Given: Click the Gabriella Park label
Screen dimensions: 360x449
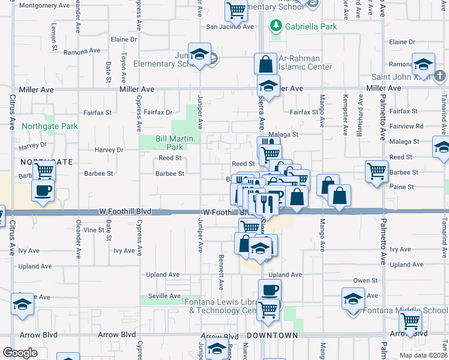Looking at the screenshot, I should pos(311,26).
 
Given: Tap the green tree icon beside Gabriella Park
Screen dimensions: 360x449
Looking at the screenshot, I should pos(276,26).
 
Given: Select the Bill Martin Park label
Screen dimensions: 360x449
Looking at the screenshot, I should pos(169,143).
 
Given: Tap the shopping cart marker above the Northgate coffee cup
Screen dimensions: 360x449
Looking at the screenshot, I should pos(44,171).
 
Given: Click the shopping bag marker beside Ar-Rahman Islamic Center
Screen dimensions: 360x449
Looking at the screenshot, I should pos(265,64).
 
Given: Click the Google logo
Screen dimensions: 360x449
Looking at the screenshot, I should pos(20,353).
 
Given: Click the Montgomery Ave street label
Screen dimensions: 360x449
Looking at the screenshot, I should pos(44,5).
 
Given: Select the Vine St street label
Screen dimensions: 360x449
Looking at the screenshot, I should pos(94,230).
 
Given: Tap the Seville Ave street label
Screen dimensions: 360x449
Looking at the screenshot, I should pos(164,296).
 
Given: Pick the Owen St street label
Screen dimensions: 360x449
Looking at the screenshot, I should pos(365,280).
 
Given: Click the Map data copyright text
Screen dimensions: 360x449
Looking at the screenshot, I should pos(423,355).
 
